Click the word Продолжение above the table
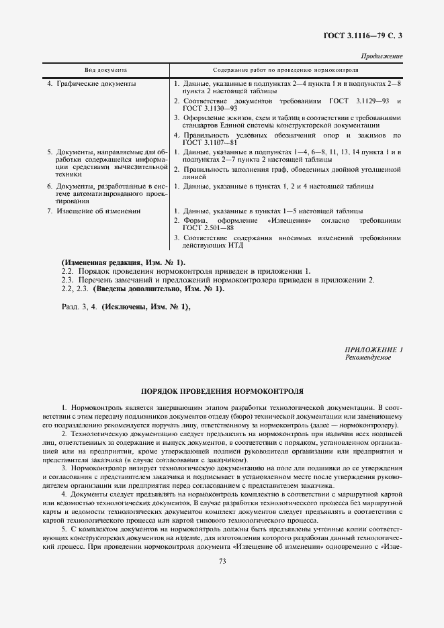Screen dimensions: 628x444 (x=382, y=57)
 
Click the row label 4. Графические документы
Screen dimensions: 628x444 (x=91, y=84)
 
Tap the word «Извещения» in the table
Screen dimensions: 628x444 (x=289, y=220)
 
